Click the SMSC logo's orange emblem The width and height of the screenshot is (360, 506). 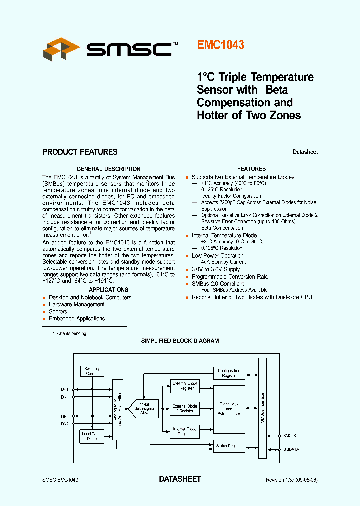61,49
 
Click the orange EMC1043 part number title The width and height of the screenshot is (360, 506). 220,45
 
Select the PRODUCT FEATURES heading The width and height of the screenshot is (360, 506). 80,152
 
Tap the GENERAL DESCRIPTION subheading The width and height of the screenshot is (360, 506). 108,169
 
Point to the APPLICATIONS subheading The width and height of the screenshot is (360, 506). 108,290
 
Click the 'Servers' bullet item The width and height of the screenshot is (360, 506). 58,311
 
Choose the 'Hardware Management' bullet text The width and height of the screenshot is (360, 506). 76,304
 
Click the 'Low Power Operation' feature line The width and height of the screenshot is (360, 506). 217,256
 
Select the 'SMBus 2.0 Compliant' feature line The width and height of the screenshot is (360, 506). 218,283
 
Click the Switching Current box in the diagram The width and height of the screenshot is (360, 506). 92,371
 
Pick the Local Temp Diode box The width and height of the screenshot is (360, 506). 92,436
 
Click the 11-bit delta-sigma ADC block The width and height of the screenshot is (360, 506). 145,408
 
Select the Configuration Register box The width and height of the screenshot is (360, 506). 229,373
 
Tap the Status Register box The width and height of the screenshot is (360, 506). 229,446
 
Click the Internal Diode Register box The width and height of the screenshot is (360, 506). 184,431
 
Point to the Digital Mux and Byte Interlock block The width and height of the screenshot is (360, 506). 229,409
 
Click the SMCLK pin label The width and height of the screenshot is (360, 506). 290,436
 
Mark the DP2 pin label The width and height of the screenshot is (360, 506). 65,416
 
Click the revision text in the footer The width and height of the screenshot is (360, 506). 292,480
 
